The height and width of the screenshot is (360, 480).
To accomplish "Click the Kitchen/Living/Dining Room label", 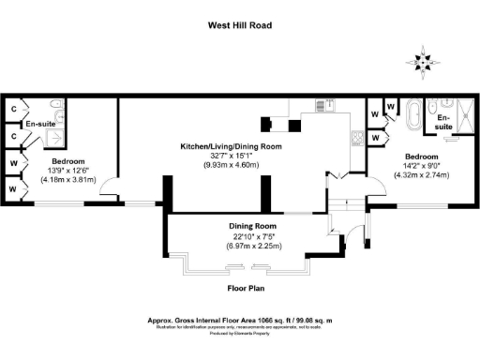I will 232,147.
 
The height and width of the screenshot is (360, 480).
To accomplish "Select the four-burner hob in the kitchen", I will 356,137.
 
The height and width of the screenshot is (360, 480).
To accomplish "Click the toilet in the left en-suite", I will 54,106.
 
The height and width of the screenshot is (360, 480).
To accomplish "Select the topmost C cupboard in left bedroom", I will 12,109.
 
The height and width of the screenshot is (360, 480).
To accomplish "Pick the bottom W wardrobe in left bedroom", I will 12,188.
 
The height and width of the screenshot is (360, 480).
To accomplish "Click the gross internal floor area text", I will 239,320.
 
